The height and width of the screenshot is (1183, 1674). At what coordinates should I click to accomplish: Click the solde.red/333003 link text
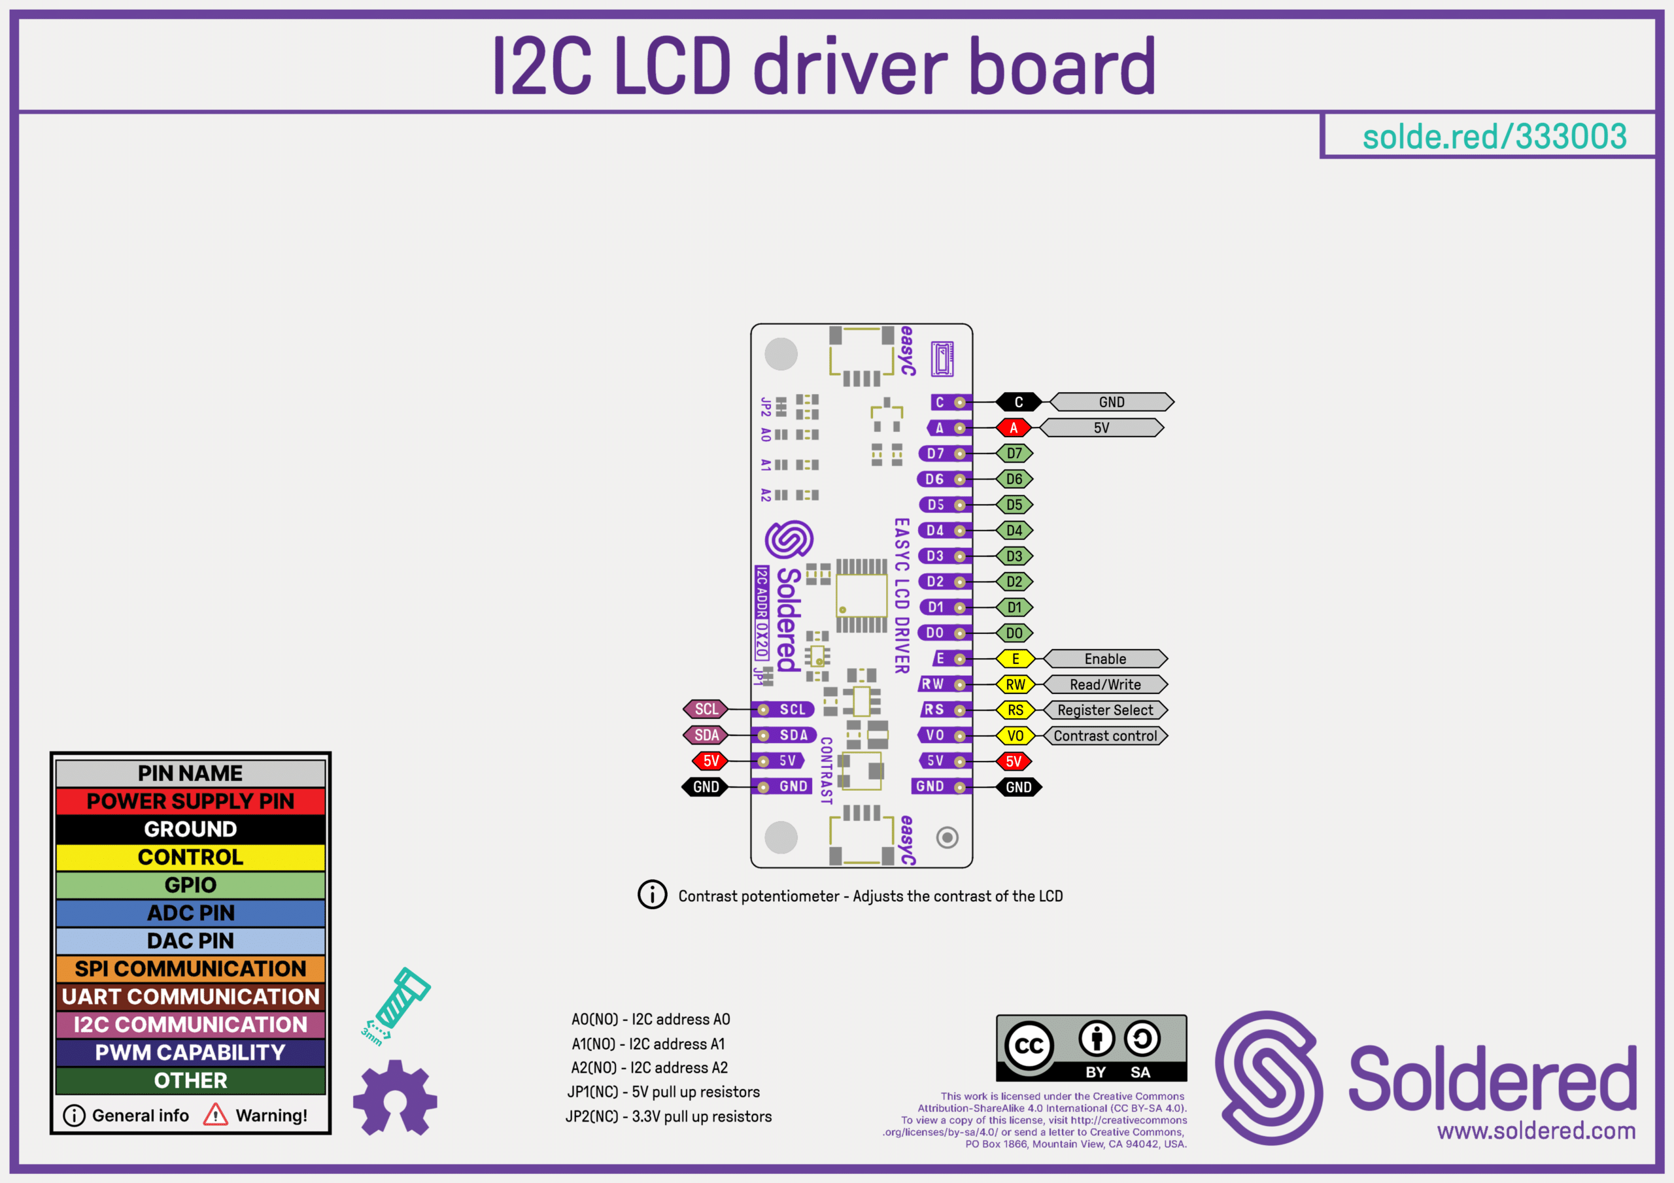tap(1494, 137)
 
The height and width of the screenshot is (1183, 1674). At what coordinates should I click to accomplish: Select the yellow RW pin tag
tap(1015, 684)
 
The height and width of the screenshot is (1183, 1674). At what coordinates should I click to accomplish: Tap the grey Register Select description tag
tap(1104, 710)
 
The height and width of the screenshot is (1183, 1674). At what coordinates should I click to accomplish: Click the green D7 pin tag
tap(1014, 454)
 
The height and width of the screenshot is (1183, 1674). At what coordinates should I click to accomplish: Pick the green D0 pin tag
tap(1014, 633)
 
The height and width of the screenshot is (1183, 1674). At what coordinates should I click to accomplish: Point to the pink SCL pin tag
tap(706, 709)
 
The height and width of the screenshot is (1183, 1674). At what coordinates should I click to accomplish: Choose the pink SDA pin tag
tap(706, 735)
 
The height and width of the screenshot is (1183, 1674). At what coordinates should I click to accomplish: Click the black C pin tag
tap(1019, 403)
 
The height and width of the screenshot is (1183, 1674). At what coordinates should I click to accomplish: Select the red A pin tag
tap(1014, 428)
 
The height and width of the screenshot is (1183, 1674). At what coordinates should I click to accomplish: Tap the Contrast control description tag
tap(1104, 736)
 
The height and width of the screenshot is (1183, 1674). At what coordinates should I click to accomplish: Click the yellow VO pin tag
tap(1015, 736)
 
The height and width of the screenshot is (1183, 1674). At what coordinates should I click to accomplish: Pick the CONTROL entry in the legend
tap(190, 857)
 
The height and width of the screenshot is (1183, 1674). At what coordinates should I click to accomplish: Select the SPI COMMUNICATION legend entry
tap(190, 969)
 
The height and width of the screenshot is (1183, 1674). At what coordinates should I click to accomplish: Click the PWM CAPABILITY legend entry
tap(190, 1052)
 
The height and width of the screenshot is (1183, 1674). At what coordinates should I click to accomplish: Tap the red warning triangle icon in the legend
tap(215, 1115)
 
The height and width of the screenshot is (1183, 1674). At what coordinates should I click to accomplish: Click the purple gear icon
tap(395, 1098)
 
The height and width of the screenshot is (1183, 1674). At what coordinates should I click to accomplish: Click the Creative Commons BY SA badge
tap(1091, 1048)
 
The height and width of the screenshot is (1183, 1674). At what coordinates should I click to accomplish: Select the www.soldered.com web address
tap(1536, 1131)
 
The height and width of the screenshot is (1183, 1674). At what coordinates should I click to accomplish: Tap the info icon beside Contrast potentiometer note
tap(652, 894)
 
